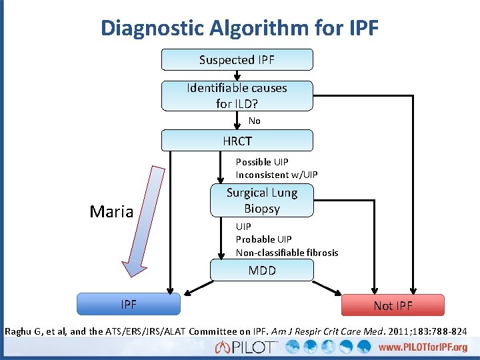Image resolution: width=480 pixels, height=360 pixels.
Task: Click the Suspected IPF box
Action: pyautogui.click(x=237, y=60)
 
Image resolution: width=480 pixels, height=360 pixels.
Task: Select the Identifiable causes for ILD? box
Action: pyautogui.click(x=237, y=96)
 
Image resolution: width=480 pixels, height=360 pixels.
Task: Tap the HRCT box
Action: pyautogui.click(x=237, y=141)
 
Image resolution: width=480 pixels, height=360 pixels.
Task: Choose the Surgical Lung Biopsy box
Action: pyautogui.click(x=261, y=201)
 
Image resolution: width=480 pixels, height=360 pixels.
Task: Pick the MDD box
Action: pyautogui.click(x=261, y=271)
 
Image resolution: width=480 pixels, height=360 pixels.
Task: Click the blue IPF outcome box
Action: pyautogui.click(x=129, y=305)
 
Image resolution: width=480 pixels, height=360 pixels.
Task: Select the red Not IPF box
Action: pyautogui.click(x=393, y=305)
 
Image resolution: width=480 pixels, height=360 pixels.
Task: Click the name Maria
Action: pyautogui.click(x=111, y=212)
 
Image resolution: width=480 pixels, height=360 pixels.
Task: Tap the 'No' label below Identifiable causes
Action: pyautogui.click(x=255, y=121)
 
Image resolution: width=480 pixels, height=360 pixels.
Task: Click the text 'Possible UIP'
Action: pyautogui.click(x=262, y=162)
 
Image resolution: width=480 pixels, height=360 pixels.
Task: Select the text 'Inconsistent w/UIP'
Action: pyautogui.click(x=277, y=175)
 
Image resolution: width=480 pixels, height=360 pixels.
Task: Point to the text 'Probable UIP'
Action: pyautogui.click(x=263, y=239)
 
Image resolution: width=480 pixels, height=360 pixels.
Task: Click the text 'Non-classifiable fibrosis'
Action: pyautogui.click(x=287, y=253)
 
